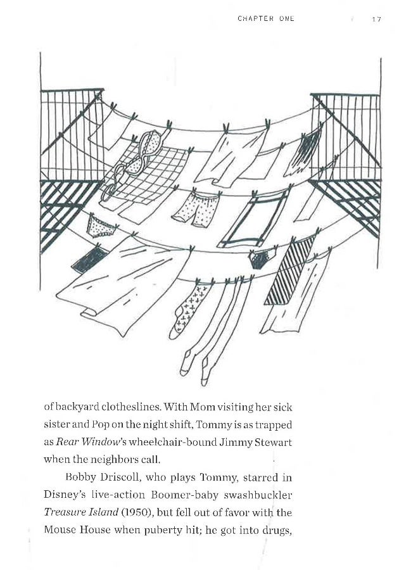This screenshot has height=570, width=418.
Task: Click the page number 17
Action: (376, 19)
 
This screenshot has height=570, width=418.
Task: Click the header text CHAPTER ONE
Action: (265, 19)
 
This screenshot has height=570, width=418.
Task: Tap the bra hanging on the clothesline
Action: (134, 162)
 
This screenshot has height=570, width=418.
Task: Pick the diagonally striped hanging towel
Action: (289, 269)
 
